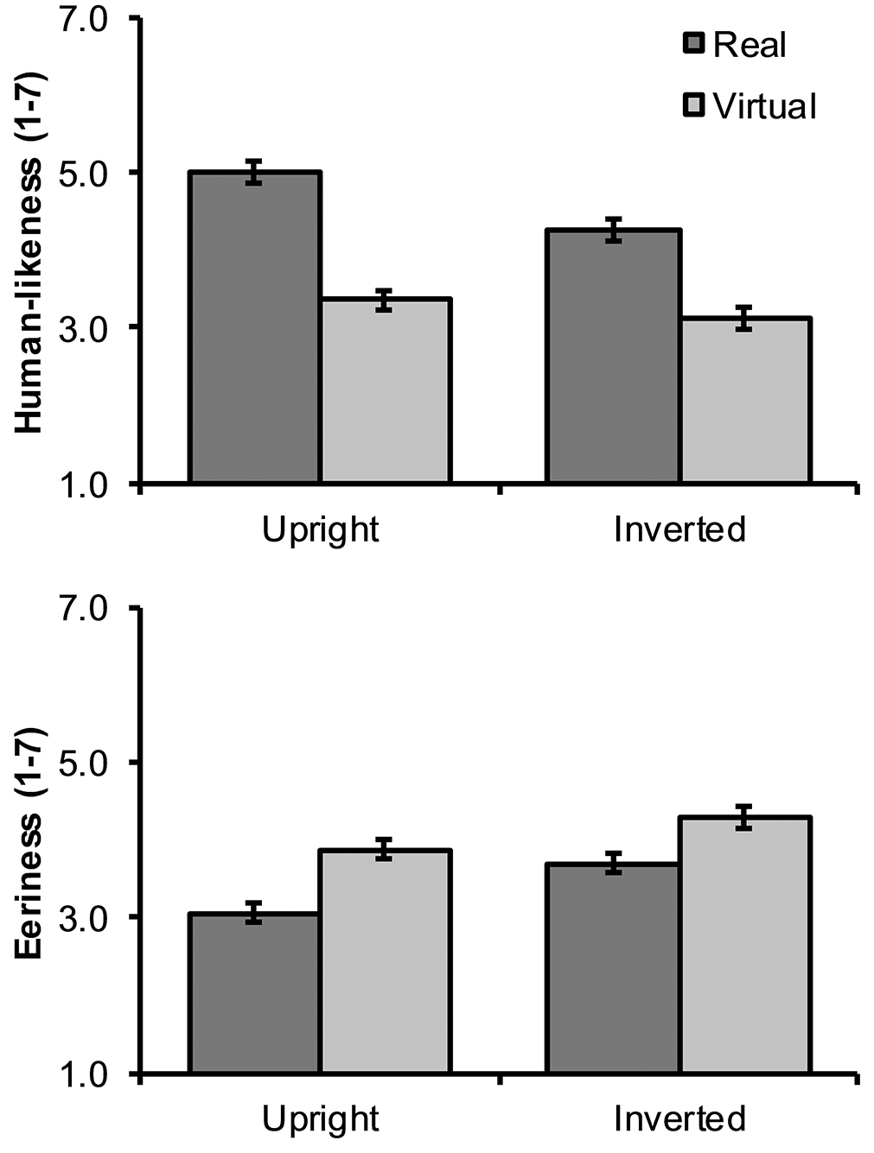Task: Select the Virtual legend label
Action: (764, 106)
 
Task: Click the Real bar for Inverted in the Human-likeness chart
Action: (613, 356)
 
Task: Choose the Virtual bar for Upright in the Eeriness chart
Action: (385, 962)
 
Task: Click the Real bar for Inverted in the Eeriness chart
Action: (613, 968)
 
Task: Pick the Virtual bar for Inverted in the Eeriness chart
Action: (745, 946)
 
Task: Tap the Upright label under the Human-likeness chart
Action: (320, 529)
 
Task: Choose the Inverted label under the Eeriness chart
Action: (679, 1119)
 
